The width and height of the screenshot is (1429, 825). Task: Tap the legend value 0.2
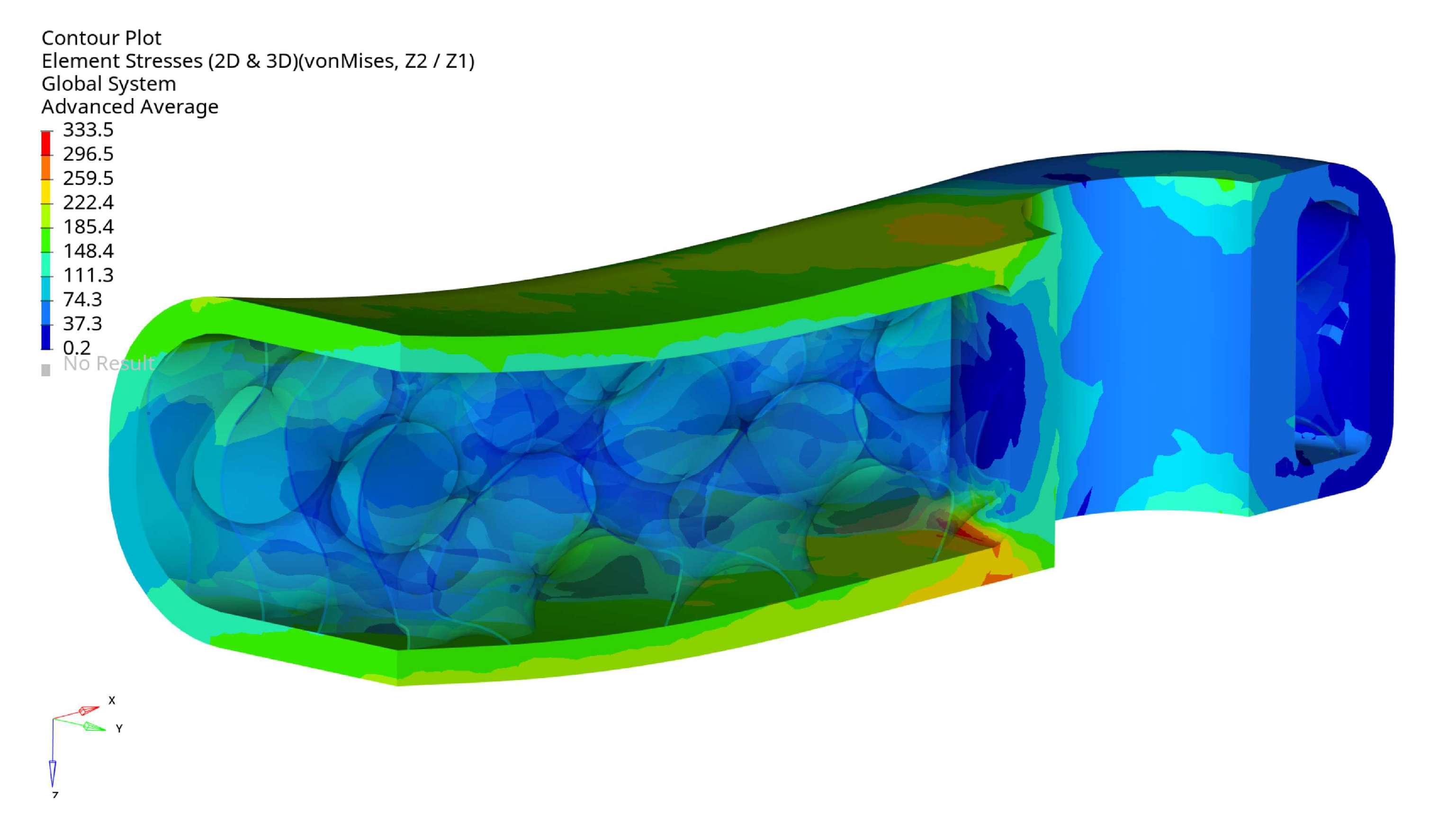pyautogui.click(x=76, y=348)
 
